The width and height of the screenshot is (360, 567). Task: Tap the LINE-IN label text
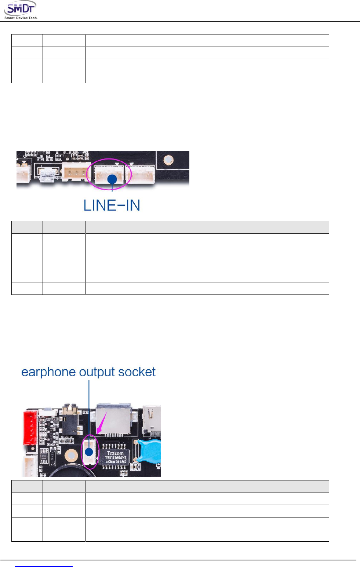[112, 205]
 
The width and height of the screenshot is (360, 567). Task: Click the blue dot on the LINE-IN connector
[112, 179]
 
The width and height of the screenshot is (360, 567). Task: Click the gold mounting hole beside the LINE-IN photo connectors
[168, 160]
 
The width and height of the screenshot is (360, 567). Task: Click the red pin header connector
[30, 427]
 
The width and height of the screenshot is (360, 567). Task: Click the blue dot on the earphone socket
[89, 452]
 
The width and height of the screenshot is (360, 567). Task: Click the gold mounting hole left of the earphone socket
[71, 456]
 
